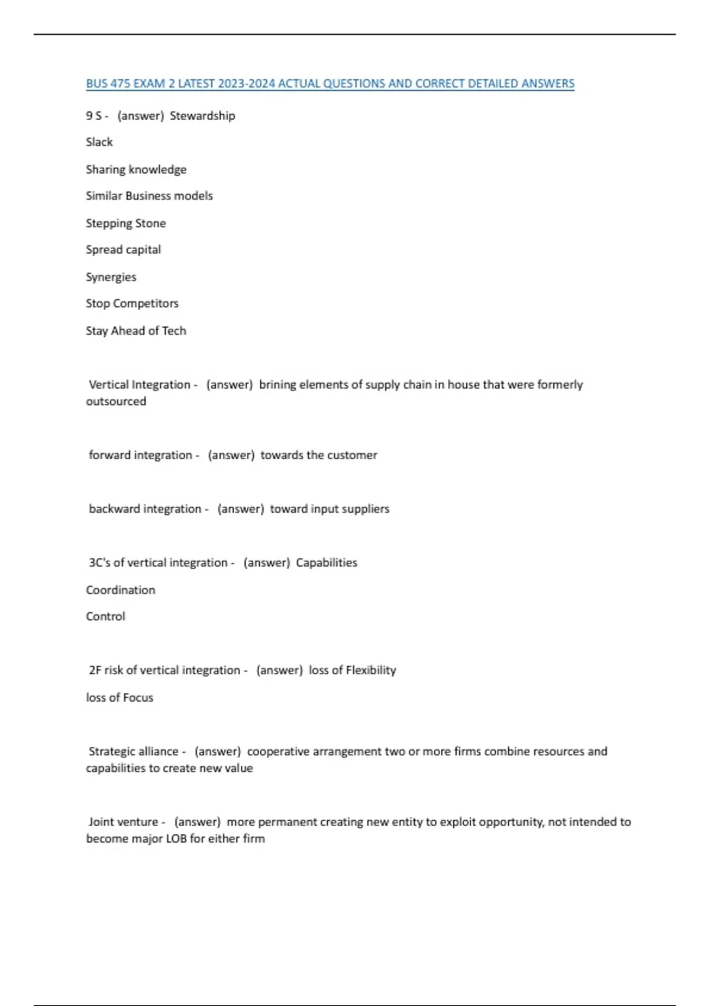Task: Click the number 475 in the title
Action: click(120, 83)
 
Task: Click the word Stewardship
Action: click(202, 115)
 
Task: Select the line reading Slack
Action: click(99, 142)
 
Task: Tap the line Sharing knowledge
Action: click(136, 169)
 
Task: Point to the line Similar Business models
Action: click(149, 196)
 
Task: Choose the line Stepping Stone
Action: click(125, 223)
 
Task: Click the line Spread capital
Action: click(123, 250)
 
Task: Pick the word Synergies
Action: click(111, 277)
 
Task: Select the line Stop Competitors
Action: click(132, 304)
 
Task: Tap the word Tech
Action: click(174, 331)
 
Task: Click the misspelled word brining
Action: click(277, 385)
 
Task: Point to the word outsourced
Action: click(116, 401)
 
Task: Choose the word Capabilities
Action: click(327, 563)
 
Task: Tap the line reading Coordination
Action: click(120, 590)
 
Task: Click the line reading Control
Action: click(105, 617)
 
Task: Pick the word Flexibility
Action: click(370, 670)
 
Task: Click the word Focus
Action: click(138, 698)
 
